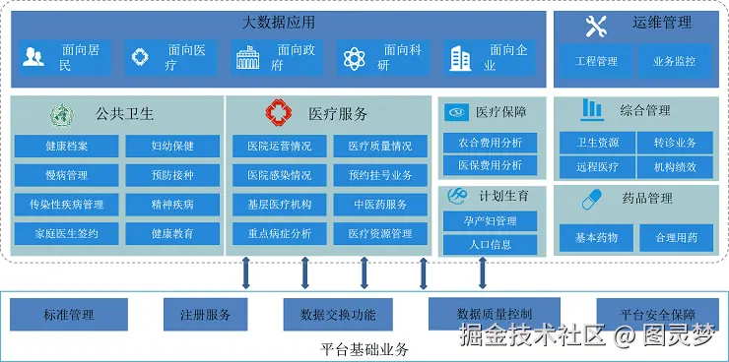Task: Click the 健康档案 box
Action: coord(66,147)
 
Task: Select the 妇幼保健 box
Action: coord(172,147)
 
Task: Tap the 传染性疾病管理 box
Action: coord(66,205)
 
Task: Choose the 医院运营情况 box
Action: coord(279,147)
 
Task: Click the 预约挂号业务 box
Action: coord(380,175)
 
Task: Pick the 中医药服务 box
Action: coord(380,205)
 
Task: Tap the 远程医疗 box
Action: coord(596,167)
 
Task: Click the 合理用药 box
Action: coord(676,237)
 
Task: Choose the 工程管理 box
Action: coord(596,61)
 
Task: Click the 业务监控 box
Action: coord(675,61)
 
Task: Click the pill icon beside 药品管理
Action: coord(592,198)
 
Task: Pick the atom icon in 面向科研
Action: coord(355,58)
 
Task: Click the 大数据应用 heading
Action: coord(279,22)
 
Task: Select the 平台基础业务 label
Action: coord(364,349)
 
